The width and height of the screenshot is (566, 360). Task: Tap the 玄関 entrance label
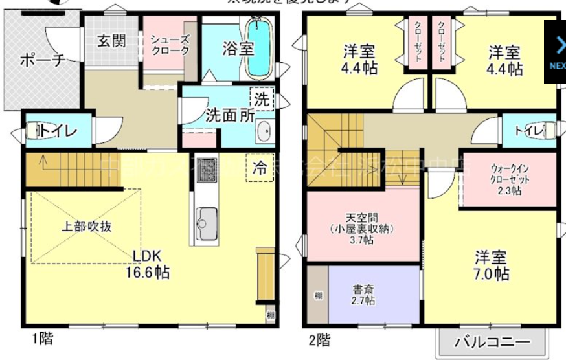click(x=111, y=40)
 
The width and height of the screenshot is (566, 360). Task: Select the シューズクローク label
click(x=170, y=45)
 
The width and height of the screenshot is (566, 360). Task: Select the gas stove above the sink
click(x=207, y=170)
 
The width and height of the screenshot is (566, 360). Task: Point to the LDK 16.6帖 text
click(x=147, y=263)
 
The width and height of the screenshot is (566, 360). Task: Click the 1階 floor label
click(x=43, y=339)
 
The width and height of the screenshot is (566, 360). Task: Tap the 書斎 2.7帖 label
click(x=363, y=295)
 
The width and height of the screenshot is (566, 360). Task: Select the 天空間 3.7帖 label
click(x=361, y=228)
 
